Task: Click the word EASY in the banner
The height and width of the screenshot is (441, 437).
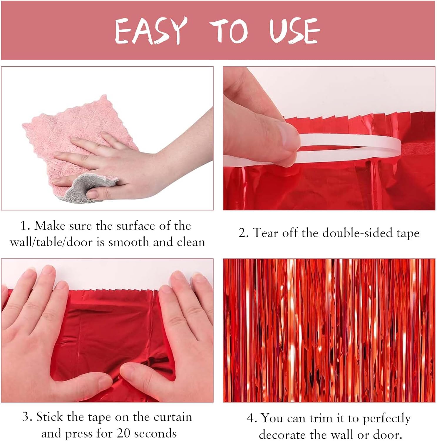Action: (151, 31)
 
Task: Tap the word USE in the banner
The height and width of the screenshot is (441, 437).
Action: (294, 30)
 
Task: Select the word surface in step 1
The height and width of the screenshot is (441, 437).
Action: (135, 226)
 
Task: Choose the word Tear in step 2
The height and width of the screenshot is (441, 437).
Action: (266, 233)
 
